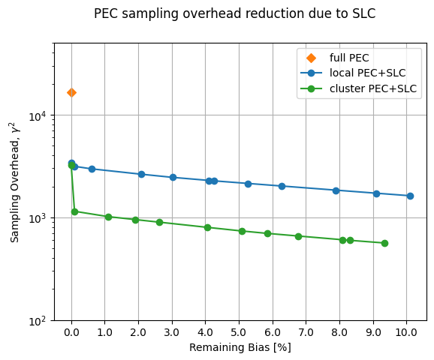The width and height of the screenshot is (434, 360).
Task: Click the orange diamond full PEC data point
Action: tap(71, 92)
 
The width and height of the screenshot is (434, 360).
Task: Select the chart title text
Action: tap(234, 13)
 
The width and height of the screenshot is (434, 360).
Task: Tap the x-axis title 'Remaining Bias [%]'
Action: tap(240, 347)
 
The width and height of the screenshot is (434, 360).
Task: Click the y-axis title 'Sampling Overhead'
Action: tap(15, 182)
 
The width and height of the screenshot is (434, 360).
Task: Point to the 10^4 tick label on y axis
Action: tap(37, 115)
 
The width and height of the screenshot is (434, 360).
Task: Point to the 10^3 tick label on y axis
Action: tap(37, 218)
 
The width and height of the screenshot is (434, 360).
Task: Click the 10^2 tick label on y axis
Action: tap(37, 321)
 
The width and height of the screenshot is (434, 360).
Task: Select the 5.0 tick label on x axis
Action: tap(239, 331)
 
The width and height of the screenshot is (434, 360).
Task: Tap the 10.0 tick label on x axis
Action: tap(406, 331)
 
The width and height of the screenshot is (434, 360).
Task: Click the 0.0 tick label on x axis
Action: tap(71, 331)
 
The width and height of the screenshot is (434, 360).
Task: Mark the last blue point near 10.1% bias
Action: tap(410, 196)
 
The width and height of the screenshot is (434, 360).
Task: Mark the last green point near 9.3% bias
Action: tap(384, 243)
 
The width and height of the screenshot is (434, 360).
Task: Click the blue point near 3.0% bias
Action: tap(173, 177)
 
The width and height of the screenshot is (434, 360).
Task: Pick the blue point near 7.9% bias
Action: tap(336, 190)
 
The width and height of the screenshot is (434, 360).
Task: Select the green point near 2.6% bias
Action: tap(159, 222)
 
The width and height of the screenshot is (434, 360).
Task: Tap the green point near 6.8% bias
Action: tap(298, 236)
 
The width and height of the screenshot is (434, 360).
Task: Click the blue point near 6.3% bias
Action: tap(282, 186)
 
